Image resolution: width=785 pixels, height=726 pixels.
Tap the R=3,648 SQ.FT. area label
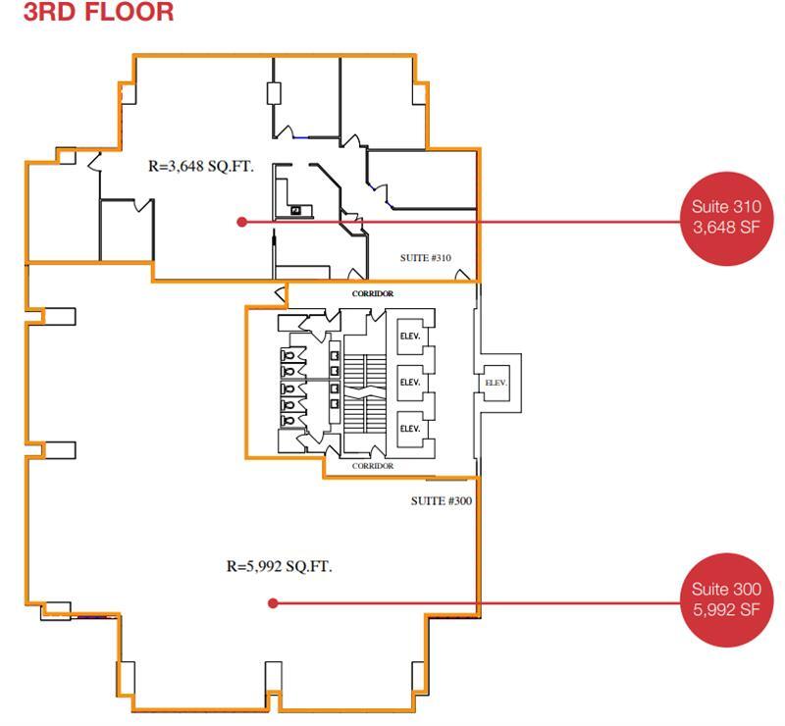click(200, 167)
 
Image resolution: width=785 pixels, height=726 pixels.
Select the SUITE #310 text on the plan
click(426, 258)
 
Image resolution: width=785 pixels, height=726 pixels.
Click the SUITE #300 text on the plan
click(442, 500)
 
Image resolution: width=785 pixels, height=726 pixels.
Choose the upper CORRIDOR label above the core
click(373, 293)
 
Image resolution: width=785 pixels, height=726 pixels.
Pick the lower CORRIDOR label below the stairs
click(373, 466)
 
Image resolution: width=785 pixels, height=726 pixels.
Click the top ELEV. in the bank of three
click(409, 336)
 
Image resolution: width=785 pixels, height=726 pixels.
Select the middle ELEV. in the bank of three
click(409, 382)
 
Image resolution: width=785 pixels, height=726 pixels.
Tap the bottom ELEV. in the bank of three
click(409, 429)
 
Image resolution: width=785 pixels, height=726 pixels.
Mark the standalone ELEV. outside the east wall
click(496, 383)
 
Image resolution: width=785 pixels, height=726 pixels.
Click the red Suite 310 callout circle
click(725, 217)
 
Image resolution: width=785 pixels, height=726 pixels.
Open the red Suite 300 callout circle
click(725, 598)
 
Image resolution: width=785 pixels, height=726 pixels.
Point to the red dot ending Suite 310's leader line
click(242, 222)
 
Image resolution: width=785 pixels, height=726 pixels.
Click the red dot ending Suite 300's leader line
click(274, 603)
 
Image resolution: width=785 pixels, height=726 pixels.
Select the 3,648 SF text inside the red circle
click(725, 227)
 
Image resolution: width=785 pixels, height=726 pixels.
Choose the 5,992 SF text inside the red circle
click(725, 609)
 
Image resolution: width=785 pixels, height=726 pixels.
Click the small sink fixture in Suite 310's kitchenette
click(296, 210)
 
